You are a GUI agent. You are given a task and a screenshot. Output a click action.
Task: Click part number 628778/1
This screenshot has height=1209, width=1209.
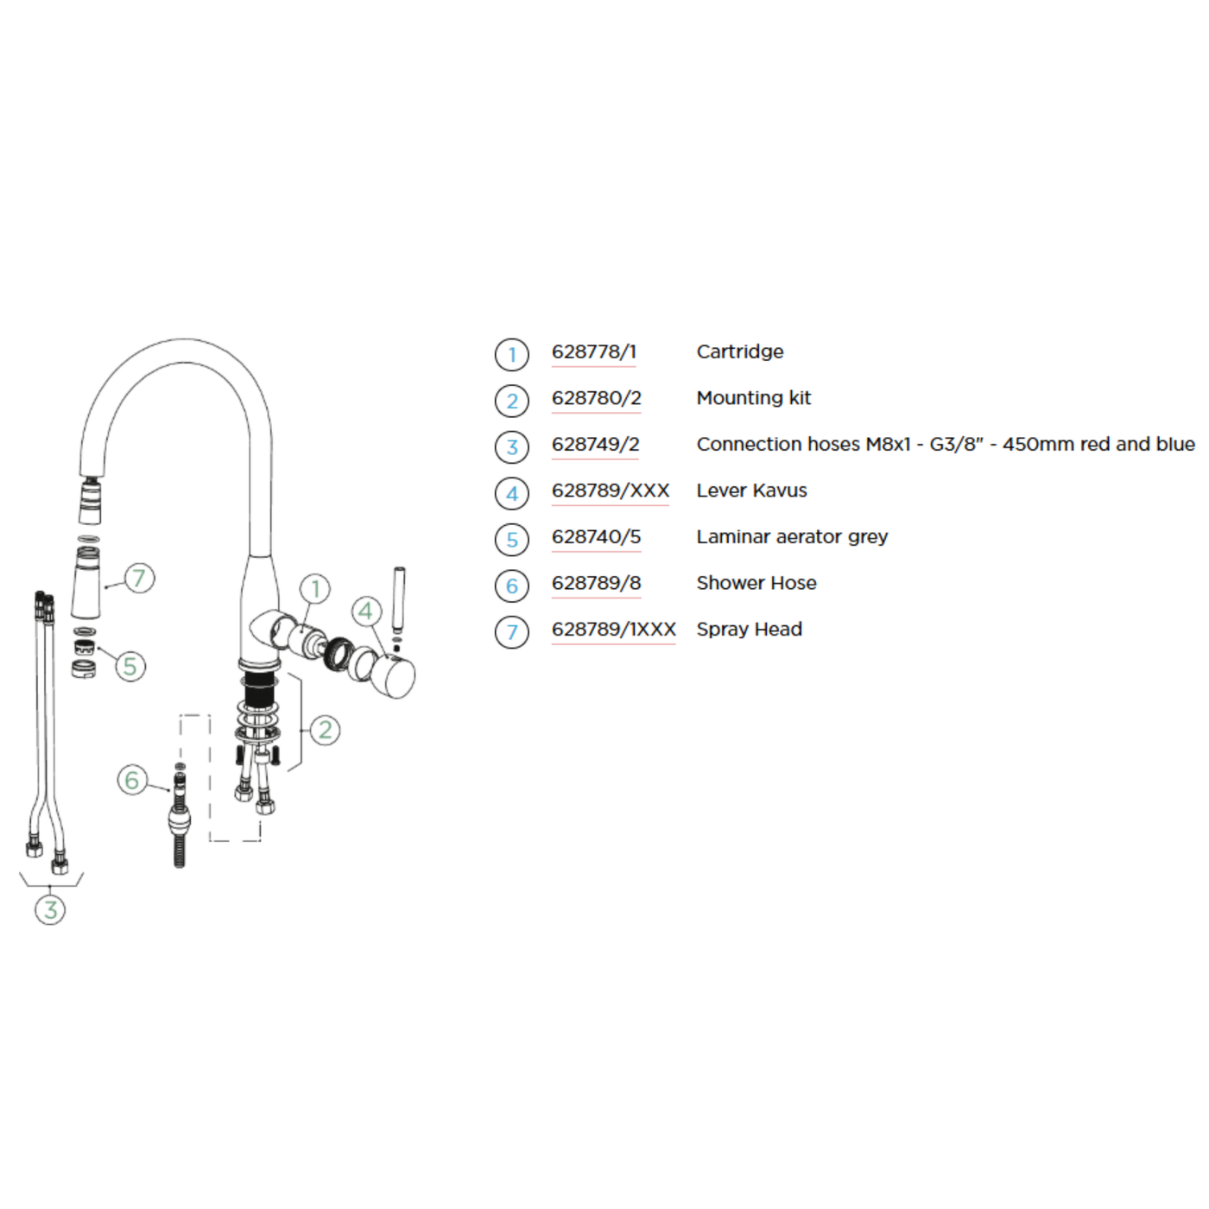pyautogui.click(x=594, y=352)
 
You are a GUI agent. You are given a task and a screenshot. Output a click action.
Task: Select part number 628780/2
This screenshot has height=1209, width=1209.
pyautogui.click(x=597, y=398)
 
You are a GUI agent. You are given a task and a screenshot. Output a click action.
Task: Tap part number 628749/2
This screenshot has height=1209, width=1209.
pyautogui.click(x=596, y=445)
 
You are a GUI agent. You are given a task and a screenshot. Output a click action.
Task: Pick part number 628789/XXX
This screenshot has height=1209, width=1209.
pyautogui.click(x=611, y=491)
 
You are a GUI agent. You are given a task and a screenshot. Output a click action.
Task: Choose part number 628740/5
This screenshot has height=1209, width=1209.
pyautogui.click(x=597, y=537)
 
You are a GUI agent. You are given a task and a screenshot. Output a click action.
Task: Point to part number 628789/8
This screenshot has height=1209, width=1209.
pyautogui.click(x=597, y=584)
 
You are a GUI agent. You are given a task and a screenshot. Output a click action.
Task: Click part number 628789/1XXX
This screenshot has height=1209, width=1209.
pyautogui.click(x=614, y=630)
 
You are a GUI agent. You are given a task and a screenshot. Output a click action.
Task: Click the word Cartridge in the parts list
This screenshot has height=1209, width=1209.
pyautogui.click(x=740, y=352)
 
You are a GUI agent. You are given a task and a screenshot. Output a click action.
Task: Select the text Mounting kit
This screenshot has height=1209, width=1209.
pyautogui.click(x=754, y=398)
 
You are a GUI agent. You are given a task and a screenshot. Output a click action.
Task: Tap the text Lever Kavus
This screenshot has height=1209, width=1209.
pyautogui.click(x=751, y=491)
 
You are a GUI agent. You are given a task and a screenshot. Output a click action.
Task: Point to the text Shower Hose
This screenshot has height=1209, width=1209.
pyautogui.click(x=756, y=584)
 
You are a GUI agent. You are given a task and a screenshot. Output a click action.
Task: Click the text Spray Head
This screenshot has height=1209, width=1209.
pyautogui.click(x=750, y=630)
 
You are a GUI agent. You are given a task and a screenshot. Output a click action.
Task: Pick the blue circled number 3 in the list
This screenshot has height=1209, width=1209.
pyautogui.click(x=512, y=447)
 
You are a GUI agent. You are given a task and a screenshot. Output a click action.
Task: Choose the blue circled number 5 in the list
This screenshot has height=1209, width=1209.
pyautogui.click(x=512, y=540)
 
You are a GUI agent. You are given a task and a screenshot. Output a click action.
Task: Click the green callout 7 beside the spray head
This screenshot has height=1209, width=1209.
pyautogui.click(x=139, y=578)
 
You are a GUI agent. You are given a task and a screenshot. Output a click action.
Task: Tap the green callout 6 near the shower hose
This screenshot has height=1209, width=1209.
pyautogui.click(x=132, y=781)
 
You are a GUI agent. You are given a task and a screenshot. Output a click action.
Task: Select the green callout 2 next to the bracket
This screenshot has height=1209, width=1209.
pyautogui.click(x=325, y=731)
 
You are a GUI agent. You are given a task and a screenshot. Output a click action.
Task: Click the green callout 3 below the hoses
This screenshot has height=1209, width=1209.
pyautogui.click(x=50, y=909)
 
